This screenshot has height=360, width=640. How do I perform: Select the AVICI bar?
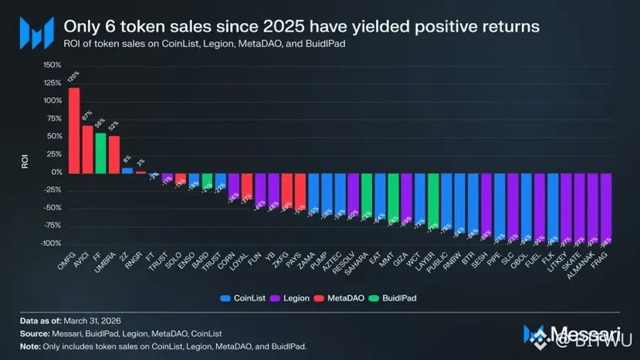pos(87,149)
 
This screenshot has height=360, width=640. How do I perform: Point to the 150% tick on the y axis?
pos(52,65)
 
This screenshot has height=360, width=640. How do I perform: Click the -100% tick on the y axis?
pos(50,243)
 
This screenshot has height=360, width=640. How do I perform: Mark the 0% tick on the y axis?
pos(56,172)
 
